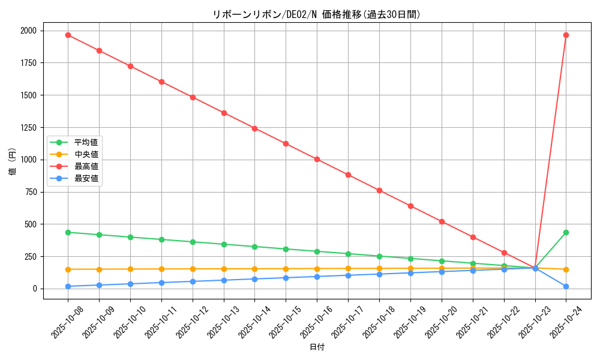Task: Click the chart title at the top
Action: click(317, 15)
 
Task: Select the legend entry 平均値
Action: click(86, 142)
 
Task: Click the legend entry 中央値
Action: click(86, 154)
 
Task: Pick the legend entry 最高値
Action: click(86, 166)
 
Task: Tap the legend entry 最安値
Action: click(86, 178)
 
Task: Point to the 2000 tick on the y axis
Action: click(28, 31)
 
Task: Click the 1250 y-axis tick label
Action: click(28, 128)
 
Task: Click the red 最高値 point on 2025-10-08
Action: click(68, 35)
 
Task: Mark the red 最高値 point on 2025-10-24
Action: click(566, 35)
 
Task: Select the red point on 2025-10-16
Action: click(317, 160)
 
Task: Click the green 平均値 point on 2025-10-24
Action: click(566, 232)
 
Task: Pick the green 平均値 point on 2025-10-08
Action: click(68, 232)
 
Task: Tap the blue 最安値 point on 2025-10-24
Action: click(566, 286)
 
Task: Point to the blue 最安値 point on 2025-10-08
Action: click(68, 286)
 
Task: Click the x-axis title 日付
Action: click(317, 347)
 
